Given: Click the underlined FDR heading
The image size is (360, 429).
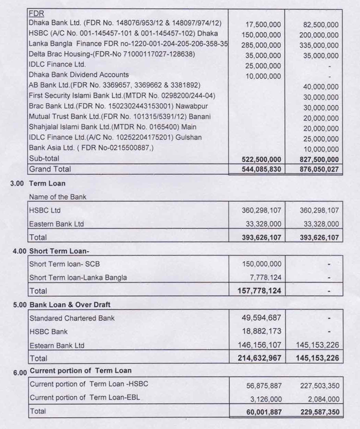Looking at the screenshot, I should pyautogui.click(x=36, y=14).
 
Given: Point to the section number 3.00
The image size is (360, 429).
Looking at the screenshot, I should pyautogui.click(x=18, y=183).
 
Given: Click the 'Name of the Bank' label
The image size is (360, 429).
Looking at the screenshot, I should pyautogui.click(x=58, y=197).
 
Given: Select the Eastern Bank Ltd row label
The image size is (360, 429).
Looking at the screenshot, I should pyautogui.click(x=57, y=224).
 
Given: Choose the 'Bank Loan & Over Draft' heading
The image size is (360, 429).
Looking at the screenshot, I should pyautogui.click(x=70, y=305).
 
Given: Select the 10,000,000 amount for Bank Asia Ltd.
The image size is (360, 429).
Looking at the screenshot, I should pyautogui.click(x=321, y=149).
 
